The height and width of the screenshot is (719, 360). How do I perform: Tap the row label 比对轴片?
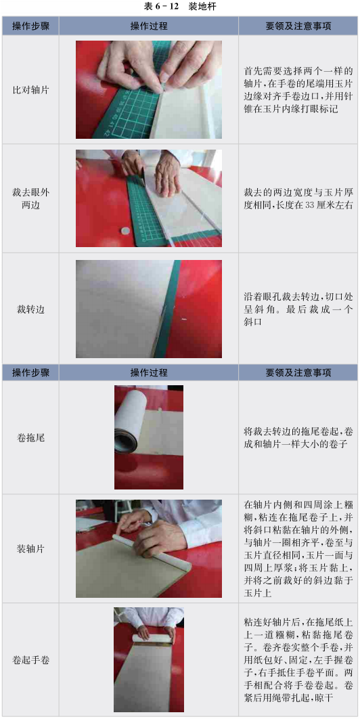30,90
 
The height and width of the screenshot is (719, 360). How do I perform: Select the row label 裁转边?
30,309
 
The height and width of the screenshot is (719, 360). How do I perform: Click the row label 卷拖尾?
30,437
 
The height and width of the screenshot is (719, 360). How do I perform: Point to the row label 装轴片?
30,548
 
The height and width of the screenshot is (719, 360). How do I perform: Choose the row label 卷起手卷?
30,660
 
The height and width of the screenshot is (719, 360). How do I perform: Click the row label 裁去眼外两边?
30,198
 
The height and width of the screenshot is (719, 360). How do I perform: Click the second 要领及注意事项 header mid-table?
298,372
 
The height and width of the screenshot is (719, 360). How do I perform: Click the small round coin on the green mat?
124,230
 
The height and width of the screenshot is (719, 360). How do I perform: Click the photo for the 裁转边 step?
149,309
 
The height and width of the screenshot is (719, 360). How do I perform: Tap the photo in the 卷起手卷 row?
149,659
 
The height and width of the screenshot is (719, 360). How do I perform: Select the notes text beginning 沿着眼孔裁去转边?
298,309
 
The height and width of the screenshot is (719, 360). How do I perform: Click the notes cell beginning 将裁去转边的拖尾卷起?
298,437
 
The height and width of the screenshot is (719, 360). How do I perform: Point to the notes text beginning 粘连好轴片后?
298,660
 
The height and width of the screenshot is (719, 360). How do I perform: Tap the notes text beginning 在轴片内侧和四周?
298,548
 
